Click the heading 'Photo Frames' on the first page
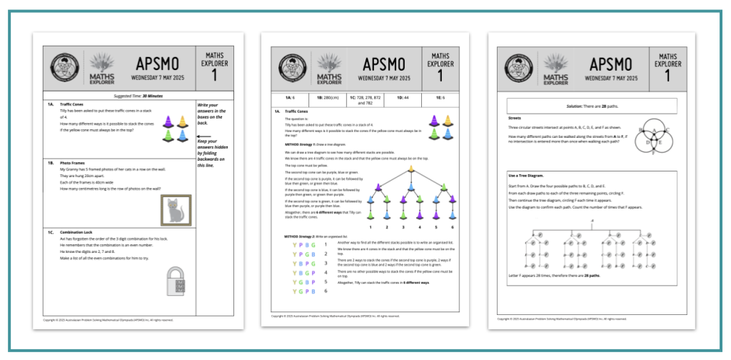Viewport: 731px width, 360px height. click(73, 162)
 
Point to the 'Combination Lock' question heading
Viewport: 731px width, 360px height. click(78, 232)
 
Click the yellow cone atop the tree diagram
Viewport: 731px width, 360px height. click(411, 169)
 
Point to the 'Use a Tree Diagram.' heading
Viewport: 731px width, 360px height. click(528, 176)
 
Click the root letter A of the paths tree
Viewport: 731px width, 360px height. click(592, 221)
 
